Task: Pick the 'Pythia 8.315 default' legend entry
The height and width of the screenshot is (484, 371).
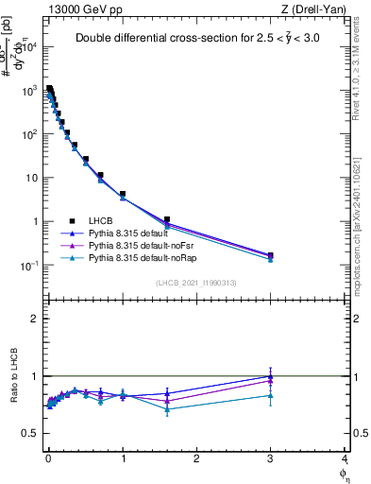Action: click(x=132, y=233)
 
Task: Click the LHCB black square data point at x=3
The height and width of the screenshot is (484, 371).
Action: click(x=271, y=255)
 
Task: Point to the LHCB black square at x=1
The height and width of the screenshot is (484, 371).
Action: click(x=123, y=194)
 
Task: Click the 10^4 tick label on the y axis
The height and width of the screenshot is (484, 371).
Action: click(x=29, y=46)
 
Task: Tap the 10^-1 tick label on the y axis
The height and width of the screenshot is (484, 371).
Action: click(x=29, y=266)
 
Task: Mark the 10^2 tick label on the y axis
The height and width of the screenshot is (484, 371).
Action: click(x=29, y=134)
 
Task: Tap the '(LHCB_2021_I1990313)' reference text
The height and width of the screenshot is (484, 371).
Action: click(x=195, y=283)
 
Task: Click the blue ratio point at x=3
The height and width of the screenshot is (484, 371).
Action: click(x=271, y=376)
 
